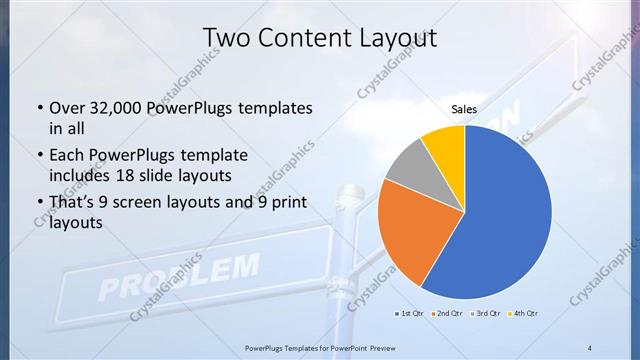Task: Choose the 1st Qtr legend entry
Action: (x=410, y=314)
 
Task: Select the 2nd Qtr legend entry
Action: (x=446, y=314)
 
